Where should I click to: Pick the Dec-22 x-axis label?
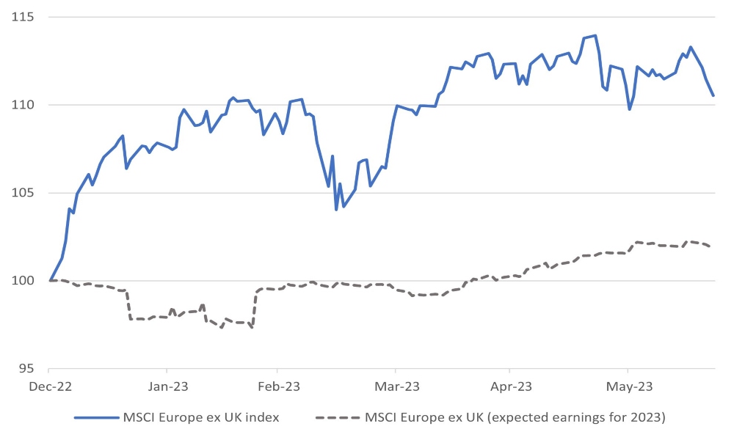click(50, 385)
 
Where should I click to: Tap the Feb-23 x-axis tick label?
click(277, 385)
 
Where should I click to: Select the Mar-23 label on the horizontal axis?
click(396, 385)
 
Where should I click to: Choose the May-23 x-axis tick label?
click(628, 385)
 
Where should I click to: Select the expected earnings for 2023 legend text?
click(515, 418)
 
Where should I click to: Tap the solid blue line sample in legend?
click(96, 418)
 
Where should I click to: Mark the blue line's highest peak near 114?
click(595, 35)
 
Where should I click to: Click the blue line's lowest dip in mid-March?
click(336, 210)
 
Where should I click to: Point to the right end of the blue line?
click(713, 95)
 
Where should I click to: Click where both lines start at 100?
click(50, 281)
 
